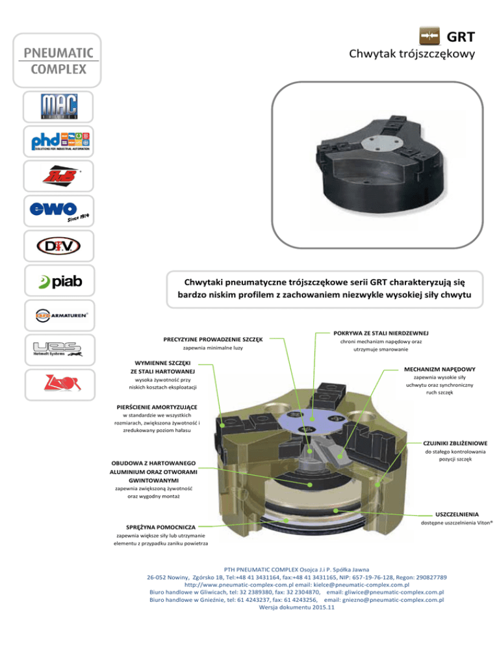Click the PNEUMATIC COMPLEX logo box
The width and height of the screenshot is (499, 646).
pyautogui.click(x=59, y=60)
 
